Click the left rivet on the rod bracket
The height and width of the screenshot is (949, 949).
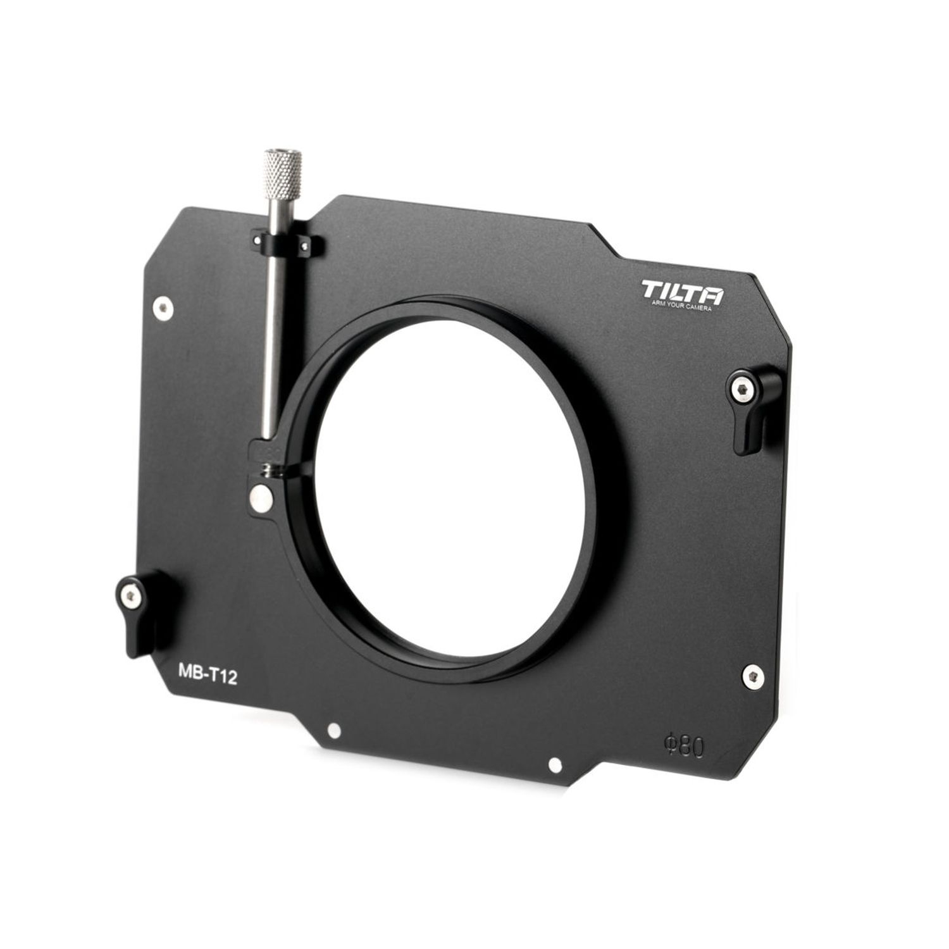pos(258,239)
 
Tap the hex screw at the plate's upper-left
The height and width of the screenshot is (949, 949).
pos(164,308)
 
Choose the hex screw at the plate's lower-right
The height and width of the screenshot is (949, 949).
pos(751,674)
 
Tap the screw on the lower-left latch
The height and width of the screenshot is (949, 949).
pos(130,593)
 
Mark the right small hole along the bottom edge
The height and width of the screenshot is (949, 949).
pos(555,766)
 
